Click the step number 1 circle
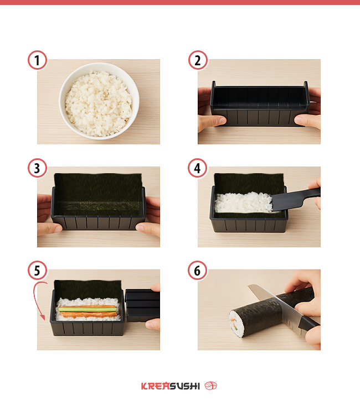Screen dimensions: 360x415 [37, 60]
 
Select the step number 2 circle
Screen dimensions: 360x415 [198, 60]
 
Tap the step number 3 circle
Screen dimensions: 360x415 [37, 168]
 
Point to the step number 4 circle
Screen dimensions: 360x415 [197, 168]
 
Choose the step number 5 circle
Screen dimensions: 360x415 [37, 271]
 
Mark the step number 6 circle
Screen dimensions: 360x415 [197, 271]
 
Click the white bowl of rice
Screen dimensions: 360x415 [99, 101]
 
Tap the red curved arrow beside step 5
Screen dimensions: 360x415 [35, 299]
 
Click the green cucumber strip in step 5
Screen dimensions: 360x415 [87, 309]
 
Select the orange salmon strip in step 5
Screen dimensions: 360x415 [89, 314]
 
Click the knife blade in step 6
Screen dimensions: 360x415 [275, 304]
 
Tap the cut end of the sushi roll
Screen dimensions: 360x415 [236, 324]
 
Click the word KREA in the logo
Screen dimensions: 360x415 [155, 386]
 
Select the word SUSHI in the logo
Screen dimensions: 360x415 [184, 386]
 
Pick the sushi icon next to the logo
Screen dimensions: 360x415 [210, 386]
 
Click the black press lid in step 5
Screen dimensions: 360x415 [142, 305]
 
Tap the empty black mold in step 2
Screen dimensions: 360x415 [260, 104]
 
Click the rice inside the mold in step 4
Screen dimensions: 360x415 [243, 203]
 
